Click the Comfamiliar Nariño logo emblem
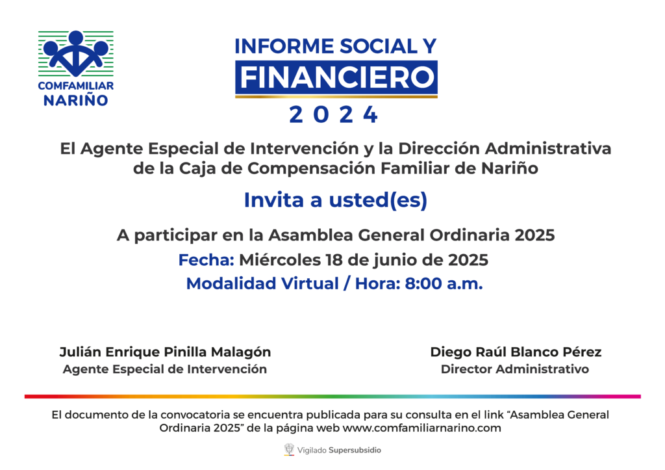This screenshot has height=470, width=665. tap(76, 53)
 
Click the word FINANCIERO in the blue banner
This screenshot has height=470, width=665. tap(337, 77)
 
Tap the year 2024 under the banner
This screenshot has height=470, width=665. tap(333, 114)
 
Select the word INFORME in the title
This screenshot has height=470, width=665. tap(284, 46)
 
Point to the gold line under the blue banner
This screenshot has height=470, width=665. tap(336, 97)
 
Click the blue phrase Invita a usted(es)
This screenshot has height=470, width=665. tap(336, 200)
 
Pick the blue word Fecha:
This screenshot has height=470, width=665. tap(206, 260)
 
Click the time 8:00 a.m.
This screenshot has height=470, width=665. tap(444, 283)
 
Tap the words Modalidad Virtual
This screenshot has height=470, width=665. tap(262, 283)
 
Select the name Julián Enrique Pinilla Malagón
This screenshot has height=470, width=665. tap(165, 352)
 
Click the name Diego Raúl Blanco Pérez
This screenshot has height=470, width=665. tap(516, 352)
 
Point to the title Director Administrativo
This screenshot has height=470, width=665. tap(515, 369)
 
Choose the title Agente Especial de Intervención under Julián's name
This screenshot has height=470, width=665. tap(165, 369)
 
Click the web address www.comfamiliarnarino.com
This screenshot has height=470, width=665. tap(421, 428)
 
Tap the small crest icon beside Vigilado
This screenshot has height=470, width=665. tap(289, 449)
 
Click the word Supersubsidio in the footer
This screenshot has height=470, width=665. tap(355, 450)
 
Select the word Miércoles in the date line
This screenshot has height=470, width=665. tap(280, 260)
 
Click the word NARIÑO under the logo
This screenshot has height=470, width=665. tap(76, 100)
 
